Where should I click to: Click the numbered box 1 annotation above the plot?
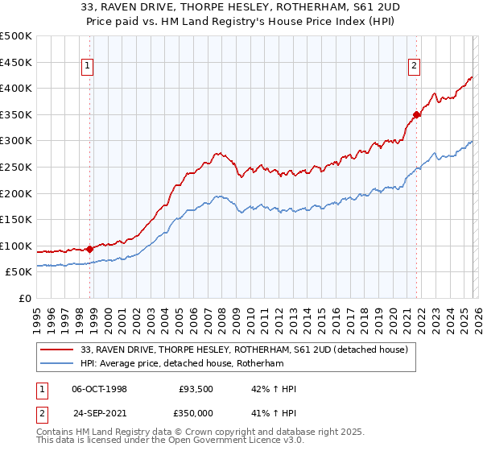pyautogui.click(x=87, y=67)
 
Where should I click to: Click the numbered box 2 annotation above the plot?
pyautogui.click(x=414, y=67)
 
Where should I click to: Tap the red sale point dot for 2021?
pyautogui.click(x=416, y=114)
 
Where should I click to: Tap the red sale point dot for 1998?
pyautogui.click(x=89, y=249)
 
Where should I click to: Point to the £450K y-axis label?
pyautogui.click(x=16, y=62)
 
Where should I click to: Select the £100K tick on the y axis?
pyautogui.click(x=16, y=246)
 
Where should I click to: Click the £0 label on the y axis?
pyautogui.click(x=24, y=298)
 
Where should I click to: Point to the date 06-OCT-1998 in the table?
pyautogui.click(x=99, y=389)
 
